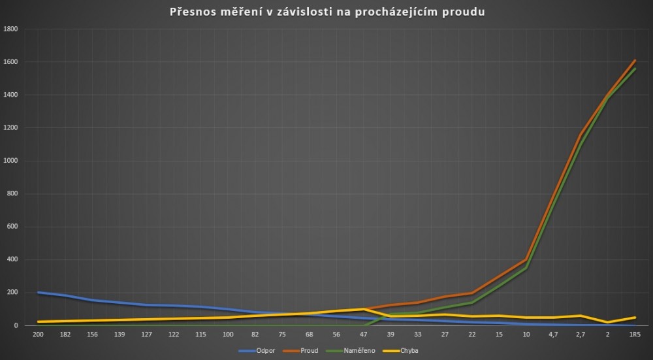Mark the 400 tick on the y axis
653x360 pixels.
coord(12,259)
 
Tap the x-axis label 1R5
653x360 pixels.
coord(633,335)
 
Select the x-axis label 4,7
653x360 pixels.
coord(553,335)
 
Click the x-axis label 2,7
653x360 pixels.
coord(580,335)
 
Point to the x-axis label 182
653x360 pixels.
coord(65,335)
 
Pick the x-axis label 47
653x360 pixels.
coord(363,335)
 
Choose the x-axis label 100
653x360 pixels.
coord(228,335)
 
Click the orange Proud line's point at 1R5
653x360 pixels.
coord(634,61)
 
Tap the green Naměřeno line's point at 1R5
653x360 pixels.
coord(634,69)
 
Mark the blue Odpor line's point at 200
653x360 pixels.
coord(39,293)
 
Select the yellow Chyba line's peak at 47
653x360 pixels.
coord(363,309)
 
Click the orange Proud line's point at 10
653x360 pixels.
coord(526,259)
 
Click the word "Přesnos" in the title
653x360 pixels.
coord(193,12)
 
